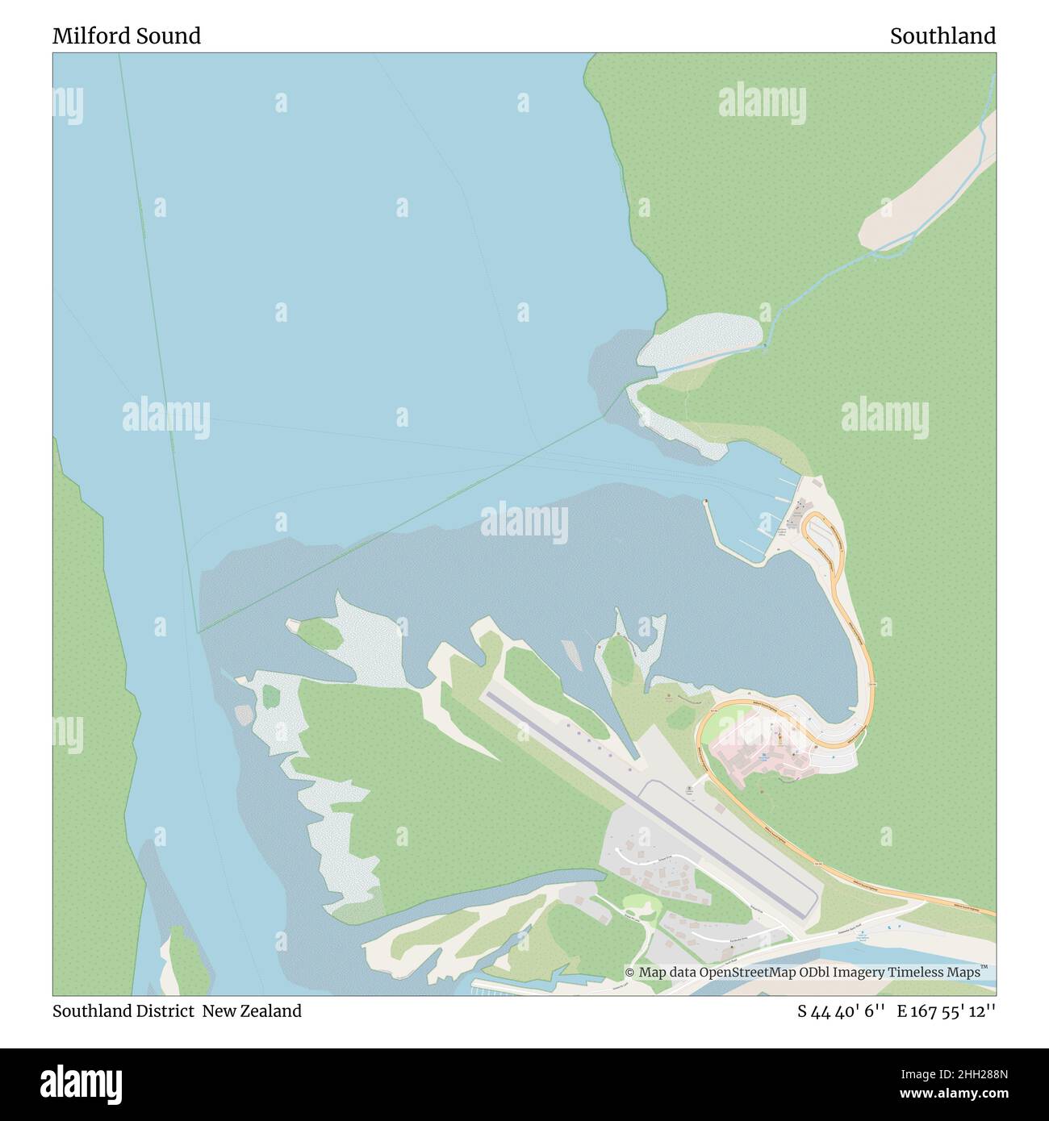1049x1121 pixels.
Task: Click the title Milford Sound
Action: click(x=127, y=35)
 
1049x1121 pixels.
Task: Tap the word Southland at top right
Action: click(x=942, y=35)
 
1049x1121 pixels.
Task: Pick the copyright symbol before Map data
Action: click(x=630, y=973)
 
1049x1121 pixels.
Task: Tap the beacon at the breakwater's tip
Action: click(x=706, y=501)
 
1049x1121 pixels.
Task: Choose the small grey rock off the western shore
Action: click(x=243, y=713)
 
